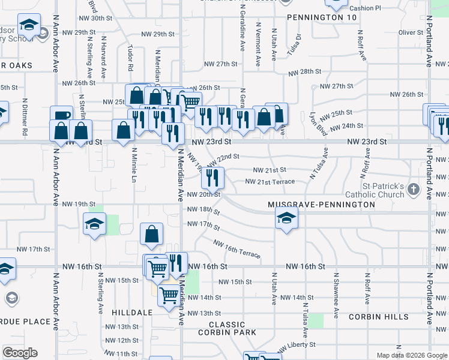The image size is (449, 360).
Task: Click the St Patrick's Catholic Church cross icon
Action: click(x=412, y=190)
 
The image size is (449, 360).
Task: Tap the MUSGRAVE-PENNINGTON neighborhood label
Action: click(x=321, y=205)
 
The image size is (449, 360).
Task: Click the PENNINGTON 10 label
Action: click(x=313, y=18)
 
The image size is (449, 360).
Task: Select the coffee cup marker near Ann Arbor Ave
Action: click(x=61, y=116)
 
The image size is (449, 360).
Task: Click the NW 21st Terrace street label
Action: click(x=270, y=182)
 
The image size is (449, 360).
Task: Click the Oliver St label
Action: click(x=411, y=32)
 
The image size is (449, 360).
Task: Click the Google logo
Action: click(x=20, y=353)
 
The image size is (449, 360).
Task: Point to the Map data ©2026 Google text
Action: click(x=411, y=355)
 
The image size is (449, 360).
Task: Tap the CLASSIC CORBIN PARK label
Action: click(x=228, y=328)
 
